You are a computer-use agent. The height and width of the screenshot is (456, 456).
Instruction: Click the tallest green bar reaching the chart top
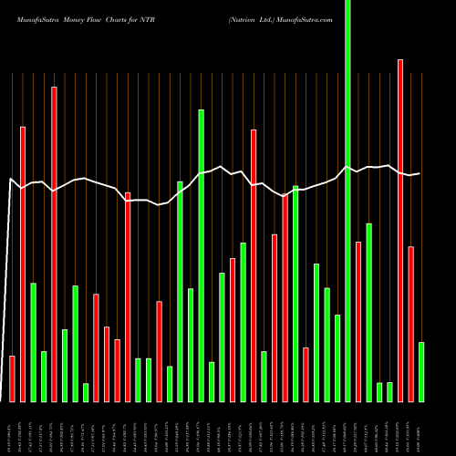coord(347,201)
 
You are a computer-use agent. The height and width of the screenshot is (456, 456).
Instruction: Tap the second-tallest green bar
coord(201,255)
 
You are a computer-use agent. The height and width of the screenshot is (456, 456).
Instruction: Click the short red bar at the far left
coord(12,378)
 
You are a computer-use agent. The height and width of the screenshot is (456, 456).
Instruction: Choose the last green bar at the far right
coord(421,371)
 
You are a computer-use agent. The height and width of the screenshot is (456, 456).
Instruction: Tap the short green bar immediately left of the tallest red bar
coord(390,391)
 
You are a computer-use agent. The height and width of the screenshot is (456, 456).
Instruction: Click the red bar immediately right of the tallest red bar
coord(411,324)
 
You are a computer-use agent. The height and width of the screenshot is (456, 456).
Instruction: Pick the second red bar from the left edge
coord(23,264)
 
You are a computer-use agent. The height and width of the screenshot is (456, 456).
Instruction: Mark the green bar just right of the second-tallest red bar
coord(65,365)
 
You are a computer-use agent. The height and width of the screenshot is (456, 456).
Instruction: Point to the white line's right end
coord(420,173)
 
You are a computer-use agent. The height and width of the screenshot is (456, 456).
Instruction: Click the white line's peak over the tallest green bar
coord(347,167)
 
